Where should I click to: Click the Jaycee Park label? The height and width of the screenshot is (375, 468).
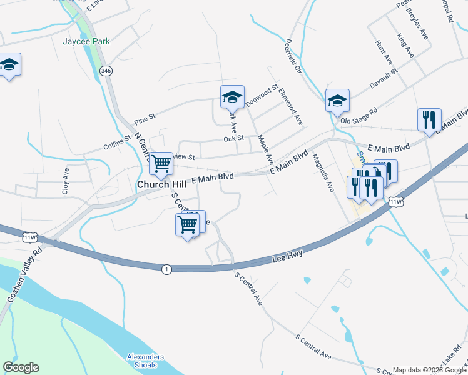click(86, 42)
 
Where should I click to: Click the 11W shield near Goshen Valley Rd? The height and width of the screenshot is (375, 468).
click(29, 237)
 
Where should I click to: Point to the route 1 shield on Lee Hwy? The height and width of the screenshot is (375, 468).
click(166, 269)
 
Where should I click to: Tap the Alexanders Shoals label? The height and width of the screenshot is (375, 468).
click(145, 361)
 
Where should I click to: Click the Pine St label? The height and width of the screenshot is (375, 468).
click(145, 117)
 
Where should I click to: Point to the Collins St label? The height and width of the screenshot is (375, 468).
click(117, 146)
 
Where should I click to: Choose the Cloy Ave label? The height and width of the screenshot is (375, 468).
click(65, 181)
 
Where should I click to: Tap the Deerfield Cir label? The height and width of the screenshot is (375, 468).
click(293, 56)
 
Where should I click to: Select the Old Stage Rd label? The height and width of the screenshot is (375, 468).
click(359, 114)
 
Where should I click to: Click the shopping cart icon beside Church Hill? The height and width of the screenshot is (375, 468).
click(161, 164)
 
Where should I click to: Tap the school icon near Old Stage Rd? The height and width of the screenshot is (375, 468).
click(337, 100)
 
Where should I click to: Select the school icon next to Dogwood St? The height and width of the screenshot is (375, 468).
click(231, 97)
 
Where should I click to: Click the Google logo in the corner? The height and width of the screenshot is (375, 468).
click(21, 367)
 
